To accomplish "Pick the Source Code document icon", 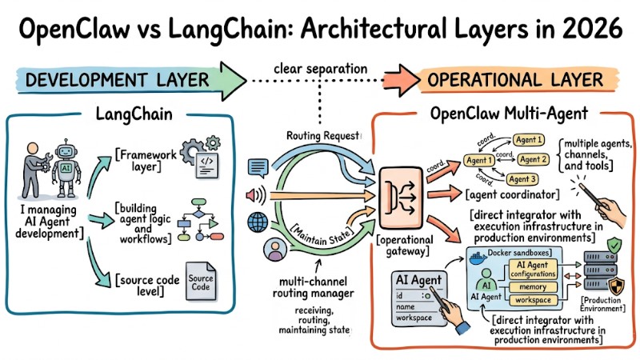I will [199, 281].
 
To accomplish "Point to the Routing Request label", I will [322, 137].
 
